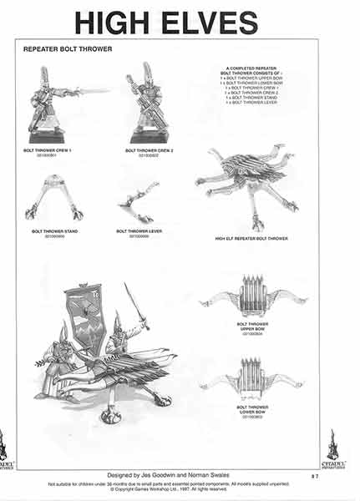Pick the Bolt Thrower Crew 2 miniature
click(x=150, y=105)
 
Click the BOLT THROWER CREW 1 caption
click(x=49, y=151)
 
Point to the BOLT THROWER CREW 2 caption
click(x=149, y=151)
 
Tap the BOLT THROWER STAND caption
click(x=49, y=231)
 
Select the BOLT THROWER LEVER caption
click(x=139, y=231)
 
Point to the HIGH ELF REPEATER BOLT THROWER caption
click(x=251, y=239)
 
